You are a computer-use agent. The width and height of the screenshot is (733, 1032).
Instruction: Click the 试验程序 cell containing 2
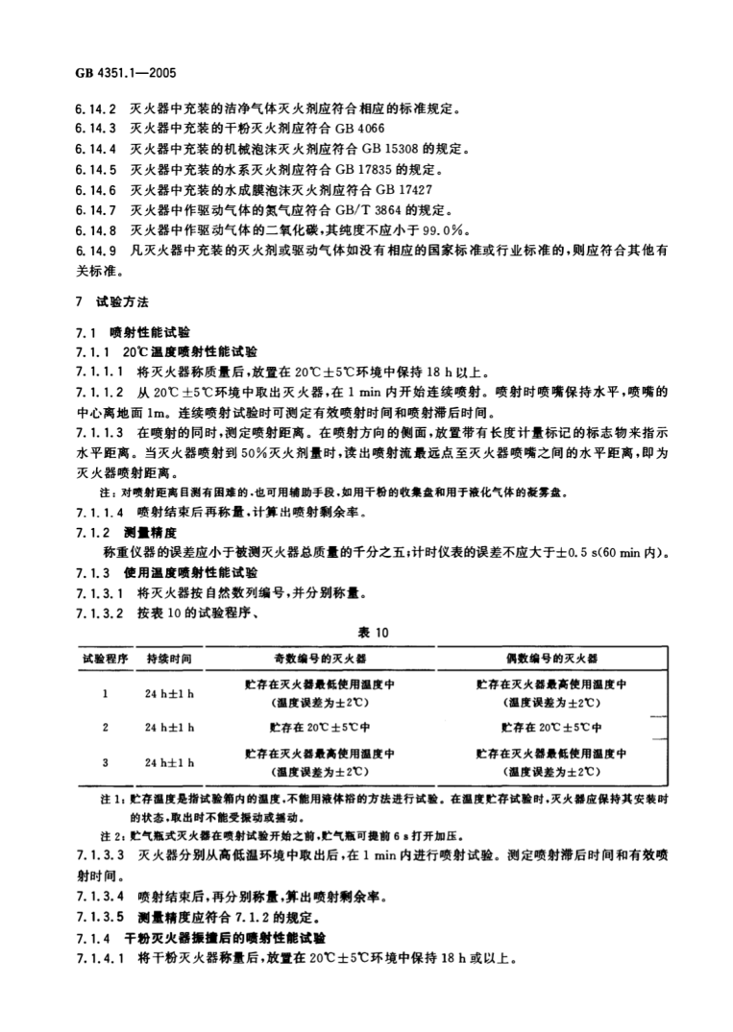[104, 727]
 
